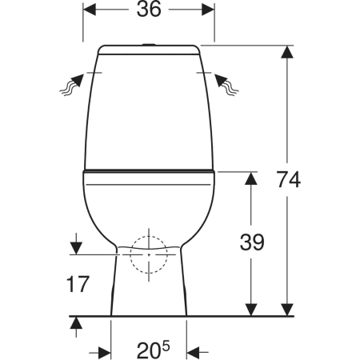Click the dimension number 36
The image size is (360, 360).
[x=149, y=10]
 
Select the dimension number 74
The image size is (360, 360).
[x=288, y=180]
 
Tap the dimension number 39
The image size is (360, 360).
[x=252, y=242]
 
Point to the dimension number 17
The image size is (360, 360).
[x=78, y=284]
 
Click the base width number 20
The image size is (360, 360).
[x=149, y=350]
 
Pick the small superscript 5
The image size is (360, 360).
[x=166, y=346]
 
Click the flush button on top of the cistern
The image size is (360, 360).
[x=149, y=44]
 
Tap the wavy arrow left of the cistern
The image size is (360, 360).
[x=71, y=85]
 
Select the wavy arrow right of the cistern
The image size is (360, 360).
[x=226, y=85]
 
